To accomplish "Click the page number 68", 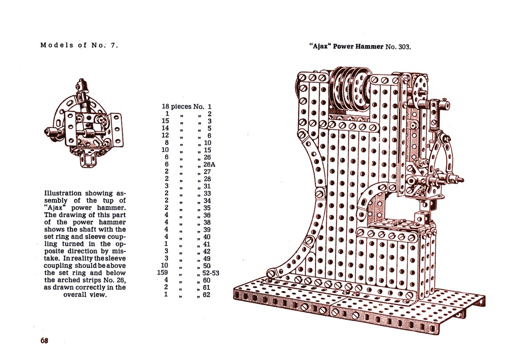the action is click(x=44, y=340).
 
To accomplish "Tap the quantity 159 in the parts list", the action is click(x=162, y=273).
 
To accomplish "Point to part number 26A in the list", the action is click(x=209, y=164).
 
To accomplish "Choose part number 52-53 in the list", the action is click(x=211, y=273).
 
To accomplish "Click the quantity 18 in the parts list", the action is click(x=165, y=106).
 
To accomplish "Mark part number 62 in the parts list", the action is click(x=207, y=294).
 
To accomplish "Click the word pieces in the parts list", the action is click(x=181, y=107).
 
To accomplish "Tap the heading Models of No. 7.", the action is click(x=79, y=45).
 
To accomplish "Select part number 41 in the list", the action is click(x=207, y=244).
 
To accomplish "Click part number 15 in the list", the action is click(x=207, y=150).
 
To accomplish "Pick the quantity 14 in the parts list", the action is click(x=165, y=128).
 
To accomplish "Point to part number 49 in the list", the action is click(x=207, y=258).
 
